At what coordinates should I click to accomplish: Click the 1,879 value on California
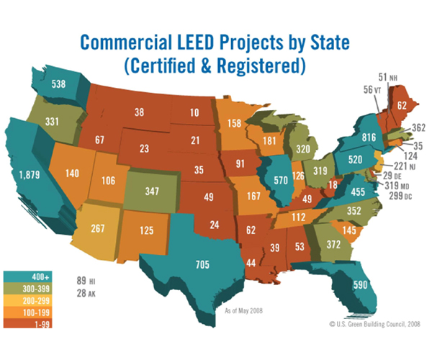(30, 175)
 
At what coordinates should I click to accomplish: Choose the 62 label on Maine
(401, 105)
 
